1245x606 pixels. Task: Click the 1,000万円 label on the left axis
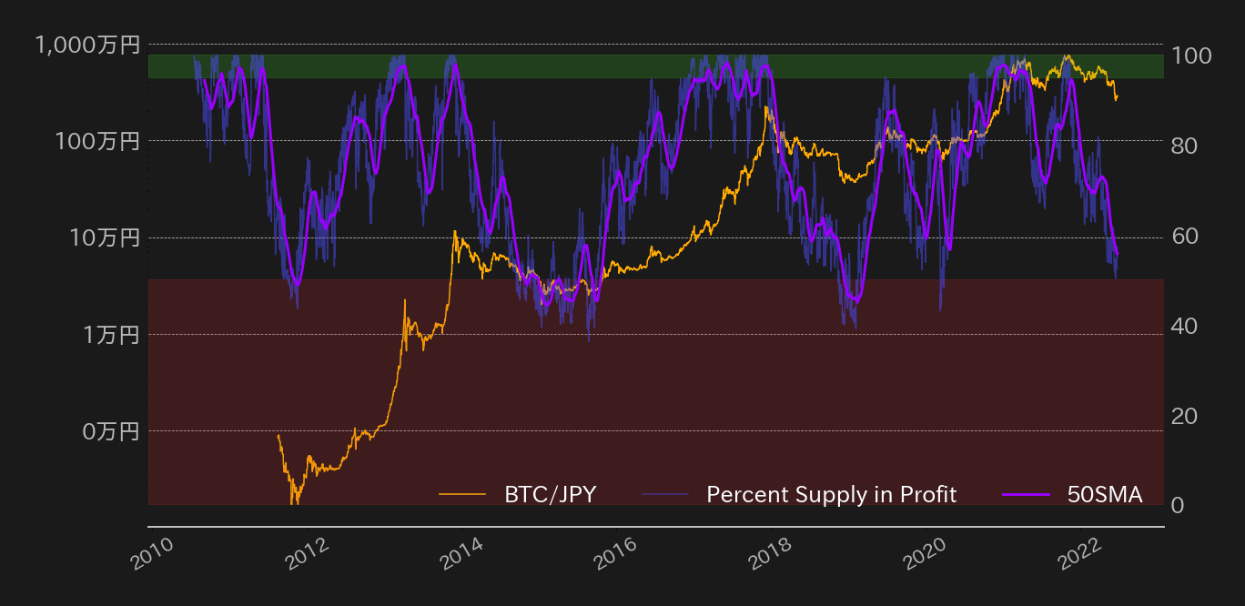[88, 45]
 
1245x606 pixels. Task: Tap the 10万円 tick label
[106, 238]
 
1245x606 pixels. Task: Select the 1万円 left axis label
[112, 335]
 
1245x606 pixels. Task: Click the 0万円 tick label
[112, 431]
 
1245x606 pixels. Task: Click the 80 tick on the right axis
[1185, 146]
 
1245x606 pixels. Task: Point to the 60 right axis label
[1185, 236]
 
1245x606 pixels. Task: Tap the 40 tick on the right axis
[1185, 326]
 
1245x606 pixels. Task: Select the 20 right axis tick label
[1185, 416]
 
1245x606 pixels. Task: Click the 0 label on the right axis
[1179, 506]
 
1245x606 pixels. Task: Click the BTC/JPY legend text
[551, 495]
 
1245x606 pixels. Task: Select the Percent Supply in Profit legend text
[832, 495]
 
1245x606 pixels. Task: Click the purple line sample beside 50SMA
[1027, 495]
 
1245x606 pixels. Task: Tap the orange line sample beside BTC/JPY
[462, 495]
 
